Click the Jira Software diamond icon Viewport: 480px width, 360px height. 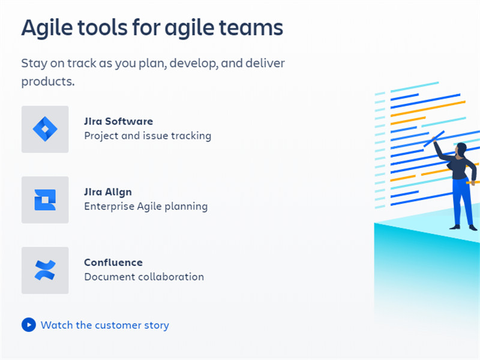tap(45, 129)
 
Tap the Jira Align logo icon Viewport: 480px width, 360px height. tap(45, 200)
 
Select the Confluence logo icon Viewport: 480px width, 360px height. tap(45, 271)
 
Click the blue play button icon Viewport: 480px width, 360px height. tap(29, 325)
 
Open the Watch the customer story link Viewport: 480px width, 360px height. tap(104, 325)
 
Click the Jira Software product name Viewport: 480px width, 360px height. tap(118, 121)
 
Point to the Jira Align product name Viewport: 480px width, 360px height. tap(108, 192)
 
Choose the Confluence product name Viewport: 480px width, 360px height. tap(113, 262)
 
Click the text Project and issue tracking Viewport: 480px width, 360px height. tap(148, 136)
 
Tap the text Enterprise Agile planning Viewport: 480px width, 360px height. tap(146, 206)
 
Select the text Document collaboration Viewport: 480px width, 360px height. tap(144, 277)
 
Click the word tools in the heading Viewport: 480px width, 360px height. tap(103, 28)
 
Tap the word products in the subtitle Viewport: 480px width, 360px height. tap(48, 82)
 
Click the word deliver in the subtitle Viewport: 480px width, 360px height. tap(265, 63)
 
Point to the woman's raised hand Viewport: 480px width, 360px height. tap(434, 139)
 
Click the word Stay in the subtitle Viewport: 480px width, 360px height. tap(34, 64)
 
